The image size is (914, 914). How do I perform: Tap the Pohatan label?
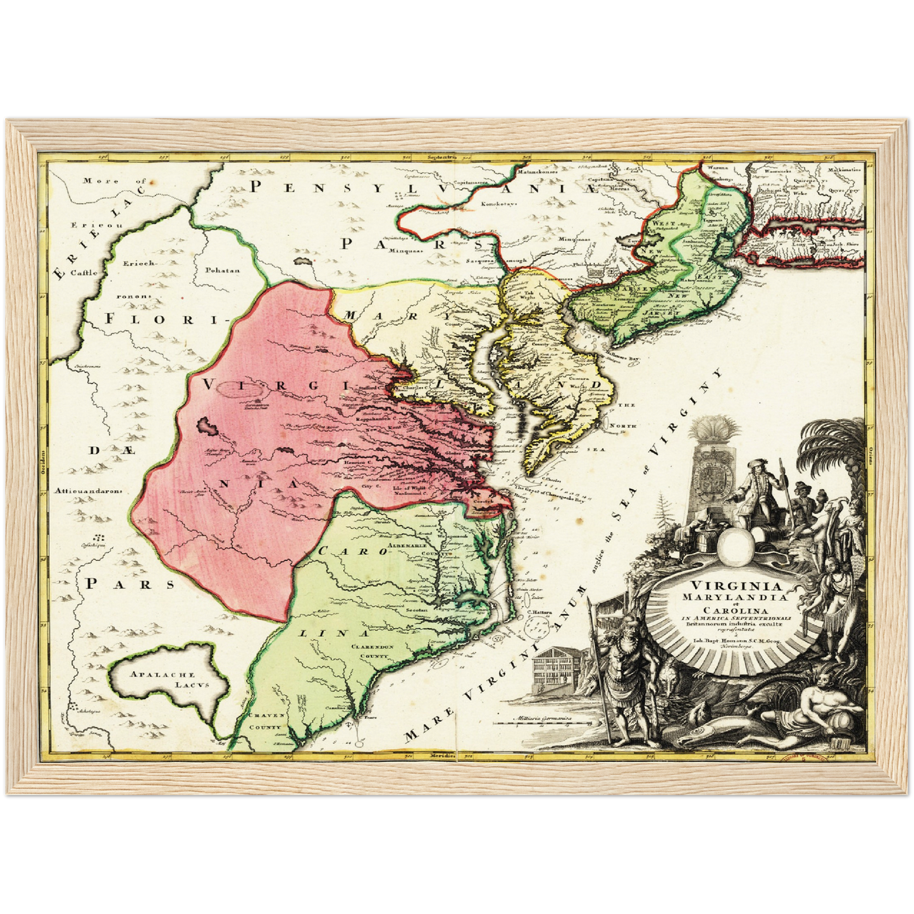pos(222,270)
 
